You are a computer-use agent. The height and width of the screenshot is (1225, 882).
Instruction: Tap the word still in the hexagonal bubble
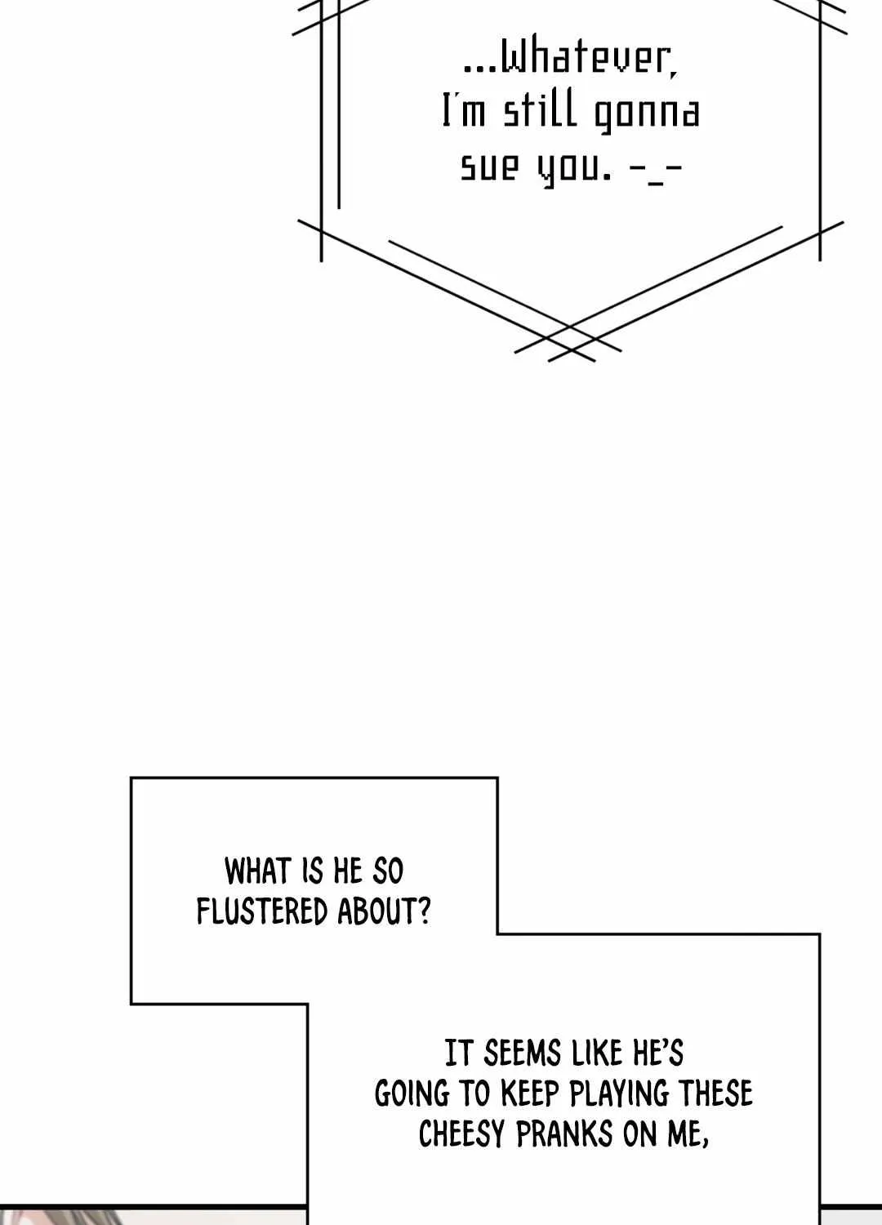pos(540,112)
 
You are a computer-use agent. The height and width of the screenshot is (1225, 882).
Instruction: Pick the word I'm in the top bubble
pos(463,112)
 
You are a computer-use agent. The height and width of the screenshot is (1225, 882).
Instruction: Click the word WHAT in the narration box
pos(256,871)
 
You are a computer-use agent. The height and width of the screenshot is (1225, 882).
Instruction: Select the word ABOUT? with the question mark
pos(384,911)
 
